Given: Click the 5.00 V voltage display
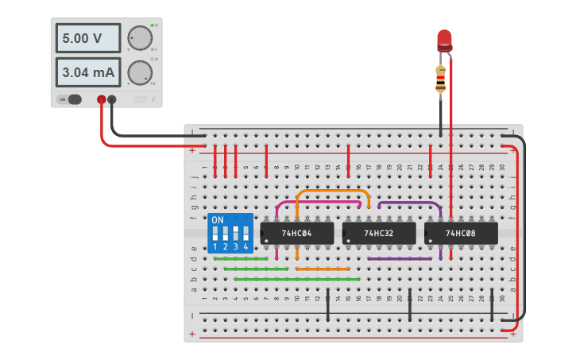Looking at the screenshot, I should click(x=88, y=37).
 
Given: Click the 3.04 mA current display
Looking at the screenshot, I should click(x=88, y=73).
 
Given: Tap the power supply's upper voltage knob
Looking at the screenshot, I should click(x=140, y=38).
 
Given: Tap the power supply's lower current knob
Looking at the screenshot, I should click(x=140, y=73).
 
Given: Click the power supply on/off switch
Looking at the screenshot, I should click(x=73, y=99).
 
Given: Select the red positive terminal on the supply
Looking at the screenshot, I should click(x=101, y=99).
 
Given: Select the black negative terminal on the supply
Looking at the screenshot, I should click(x=112, y=99).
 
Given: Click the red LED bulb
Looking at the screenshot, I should click(x=444, y=40).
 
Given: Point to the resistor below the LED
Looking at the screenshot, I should click(x=441, y=78).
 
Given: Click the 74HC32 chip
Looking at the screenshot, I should click(x=378, y=233).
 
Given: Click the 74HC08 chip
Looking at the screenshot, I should click(x=461, y=233).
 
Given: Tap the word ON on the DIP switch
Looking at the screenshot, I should click(x=218, y=219).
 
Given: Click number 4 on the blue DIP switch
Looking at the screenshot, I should click(x=246, y=247).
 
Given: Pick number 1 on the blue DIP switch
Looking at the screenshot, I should click(x=215, y=247).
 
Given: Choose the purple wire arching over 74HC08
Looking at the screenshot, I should click(x=409, y=203).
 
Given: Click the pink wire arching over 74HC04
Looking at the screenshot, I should click(x=318, y=202).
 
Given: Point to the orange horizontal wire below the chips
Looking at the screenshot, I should click(x=323, y=269).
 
